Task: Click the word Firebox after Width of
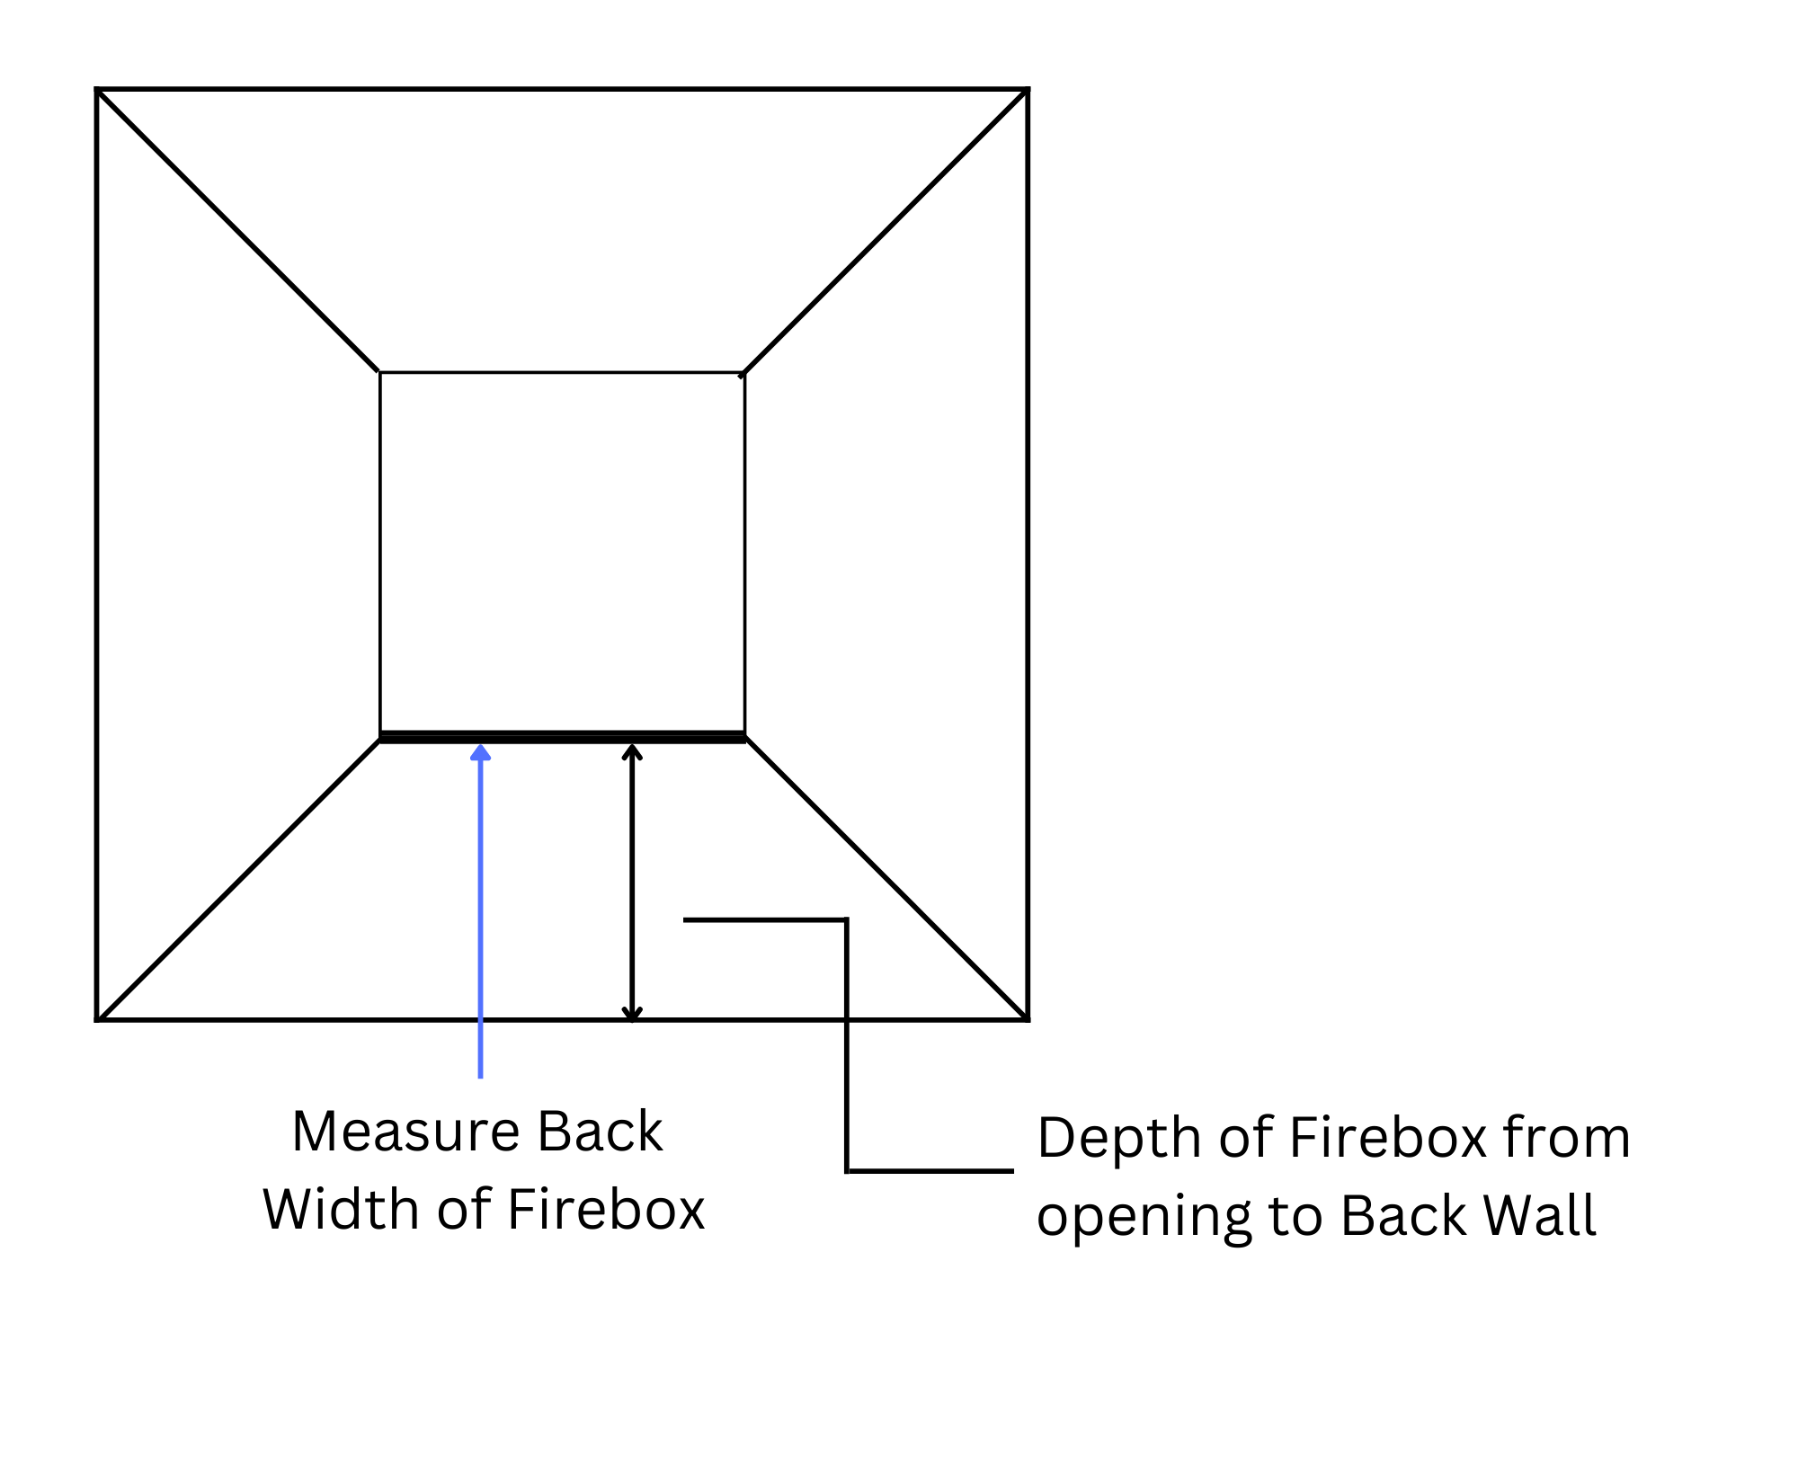(x=606, y=1210)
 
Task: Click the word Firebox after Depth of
(x=1388, y=1138)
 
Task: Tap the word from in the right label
(x=1567, y=1138)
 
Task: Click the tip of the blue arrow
(x=481, y=746)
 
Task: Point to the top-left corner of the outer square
(x=97, y=90)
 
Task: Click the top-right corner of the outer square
(x=1028, y=90)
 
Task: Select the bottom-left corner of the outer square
(x=97, y=1020)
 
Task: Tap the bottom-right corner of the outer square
(x=1028, y=1020)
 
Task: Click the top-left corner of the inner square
(x=380, y=372)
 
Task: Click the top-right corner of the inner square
(x=744, y=372)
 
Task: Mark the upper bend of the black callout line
(x=847, y=919)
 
